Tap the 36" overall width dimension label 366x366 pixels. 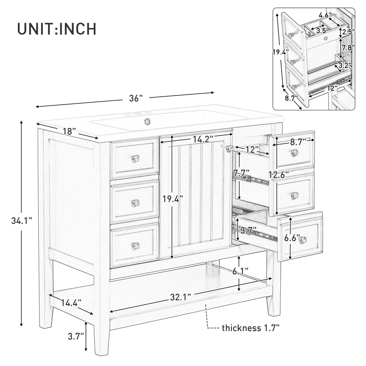(135, 98)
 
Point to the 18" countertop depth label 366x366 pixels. (69, 131)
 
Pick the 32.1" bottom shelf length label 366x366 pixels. (180, 297)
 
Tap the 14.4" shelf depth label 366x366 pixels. (71, 302)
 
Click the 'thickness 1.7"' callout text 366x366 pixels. (251, 328)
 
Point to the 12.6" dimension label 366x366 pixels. (279, 174)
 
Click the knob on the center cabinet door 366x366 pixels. (230, 148)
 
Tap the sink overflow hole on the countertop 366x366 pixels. (147, 121)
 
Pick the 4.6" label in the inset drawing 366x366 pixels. (325, 14)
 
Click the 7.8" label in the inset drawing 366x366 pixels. (349, 47)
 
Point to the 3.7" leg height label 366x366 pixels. (76, 336)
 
